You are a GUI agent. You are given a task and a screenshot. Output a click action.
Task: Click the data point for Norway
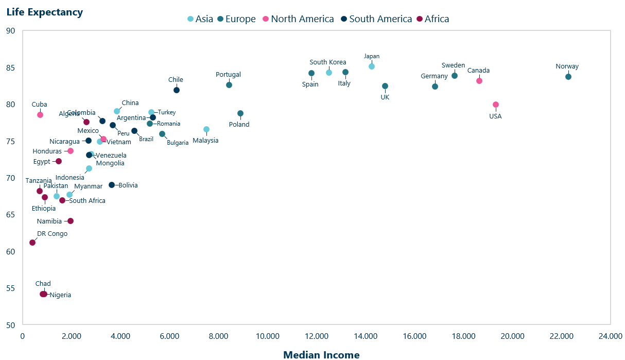(x=568, y=77)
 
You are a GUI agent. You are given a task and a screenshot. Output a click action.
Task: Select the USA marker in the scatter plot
(x=496, y=105)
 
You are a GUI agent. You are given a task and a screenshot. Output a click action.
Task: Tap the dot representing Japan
(x=372, y=66)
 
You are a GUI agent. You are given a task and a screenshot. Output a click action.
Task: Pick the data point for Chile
(x=177, y=90)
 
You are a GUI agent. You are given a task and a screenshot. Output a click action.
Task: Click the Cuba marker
(x=40, y=115)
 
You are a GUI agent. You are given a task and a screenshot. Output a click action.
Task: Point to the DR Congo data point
(x=32, y=243)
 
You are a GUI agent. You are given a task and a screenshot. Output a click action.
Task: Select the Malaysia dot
(x=206, y=129)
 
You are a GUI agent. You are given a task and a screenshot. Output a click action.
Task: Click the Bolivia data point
(x=112, y=185)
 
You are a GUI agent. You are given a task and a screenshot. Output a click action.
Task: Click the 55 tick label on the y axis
(x=11, y=288)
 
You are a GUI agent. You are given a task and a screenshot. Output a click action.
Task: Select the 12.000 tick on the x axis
(x=317, y=336)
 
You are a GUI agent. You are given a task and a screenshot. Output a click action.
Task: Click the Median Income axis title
(x=321, y=354)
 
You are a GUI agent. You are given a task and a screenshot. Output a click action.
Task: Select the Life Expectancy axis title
(x=44, y=12)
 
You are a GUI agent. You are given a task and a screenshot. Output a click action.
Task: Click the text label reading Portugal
(x=228, y=75)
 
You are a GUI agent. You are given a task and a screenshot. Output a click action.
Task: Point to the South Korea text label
(x=328, y=62)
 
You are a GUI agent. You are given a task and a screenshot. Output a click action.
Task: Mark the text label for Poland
(x=239, y=124)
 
